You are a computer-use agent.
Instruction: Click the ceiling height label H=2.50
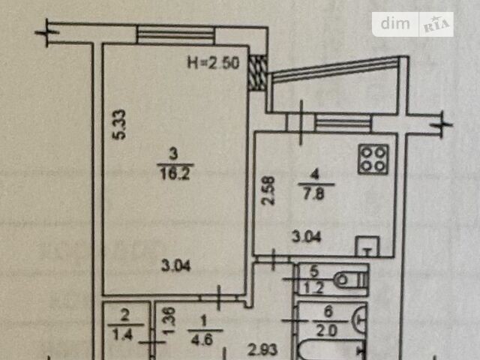click(x=213, y=63)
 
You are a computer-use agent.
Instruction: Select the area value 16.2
click(x=175, y=174)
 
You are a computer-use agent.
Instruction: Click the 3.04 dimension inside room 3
click(x=175, y=265)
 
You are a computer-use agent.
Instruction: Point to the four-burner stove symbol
click(x=373, y=160)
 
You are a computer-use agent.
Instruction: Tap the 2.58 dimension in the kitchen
click(x=268, y=190)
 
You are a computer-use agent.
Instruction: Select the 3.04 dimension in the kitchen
click(x=307, y=237)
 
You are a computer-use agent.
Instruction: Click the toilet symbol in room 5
click(x=350, y=280)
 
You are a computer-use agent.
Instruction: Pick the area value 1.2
click(x=314, y=288)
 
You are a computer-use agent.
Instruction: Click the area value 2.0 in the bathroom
click(x=327, y=331)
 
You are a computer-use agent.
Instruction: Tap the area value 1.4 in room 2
click(x=122, y=334)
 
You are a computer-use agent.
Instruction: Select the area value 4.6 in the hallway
click(x=202, y=340)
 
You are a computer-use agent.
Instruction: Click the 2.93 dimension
click(x=262, y=350)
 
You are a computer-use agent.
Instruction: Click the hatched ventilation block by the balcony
click(x=256, y=73)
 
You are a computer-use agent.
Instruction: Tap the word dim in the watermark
click(x=395, y=24)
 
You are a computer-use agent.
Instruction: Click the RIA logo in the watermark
click(x=436, y=25)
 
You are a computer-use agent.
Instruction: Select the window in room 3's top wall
click(x=175, y=35)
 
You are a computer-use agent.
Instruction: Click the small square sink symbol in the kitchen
click(x=367, y=246)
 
